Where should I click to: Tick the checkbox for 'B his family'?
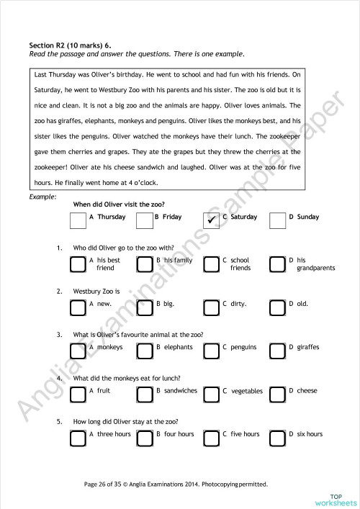click(x=145, y=263)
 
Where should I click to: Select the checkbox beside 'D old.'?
click(x=277, y=307)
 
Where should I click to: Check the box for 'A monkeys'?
click(x=78, y=351)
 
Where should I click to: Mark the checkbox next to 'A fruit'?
click(x=78, y=394)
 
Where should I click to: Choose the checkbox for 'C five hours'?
click(x=211, y=438)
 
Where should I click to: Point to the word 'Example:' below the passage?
click(x=43, y=196)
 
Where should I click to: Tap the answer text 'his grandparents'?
click(x=315, y=264)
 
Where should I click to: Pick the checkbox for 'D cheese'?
click(x=277, y=394)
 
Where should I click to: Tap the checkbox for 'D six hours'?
click(x=277, y=438)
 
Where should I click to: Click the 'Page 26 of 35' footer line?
click(x=176, y=484)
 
